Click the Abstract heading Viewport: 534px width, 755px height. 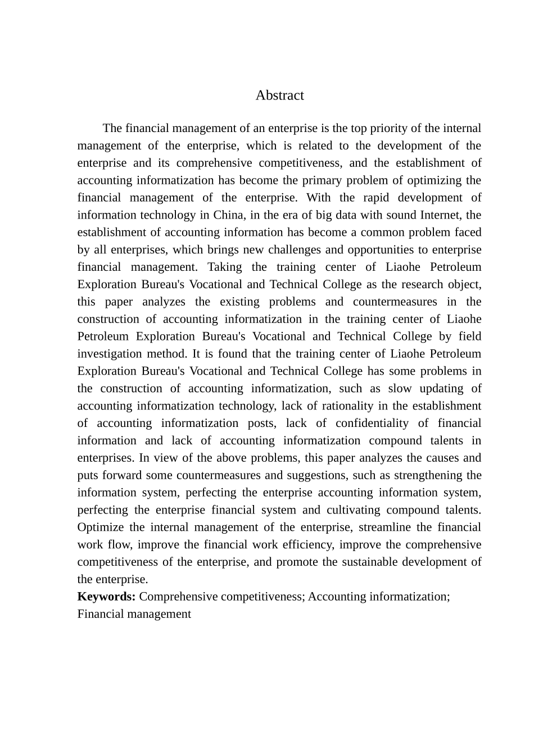click(x=279, y=95)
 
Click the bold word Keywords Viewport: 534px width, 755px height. click(x=106, y=597)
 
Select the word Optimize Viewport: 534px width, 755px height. click(x=99, y=527)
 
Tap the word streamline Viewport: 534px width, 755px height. click(x=383, y=527)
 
